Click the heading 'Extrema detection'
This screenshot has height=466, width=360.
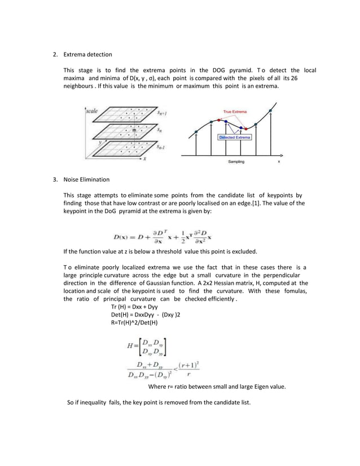(87, 55)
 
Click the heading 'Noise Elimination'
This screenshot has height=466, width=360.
(86, 180)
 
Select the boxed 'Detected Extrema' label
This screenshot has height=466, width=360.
(235, 137)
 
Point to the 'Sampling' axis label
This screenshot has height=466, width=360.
(236, 161)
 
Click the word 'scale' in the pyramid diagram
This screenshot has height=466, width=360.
(93, 111)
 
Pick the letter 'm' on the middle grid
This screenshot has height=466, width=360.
(134, 131)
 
